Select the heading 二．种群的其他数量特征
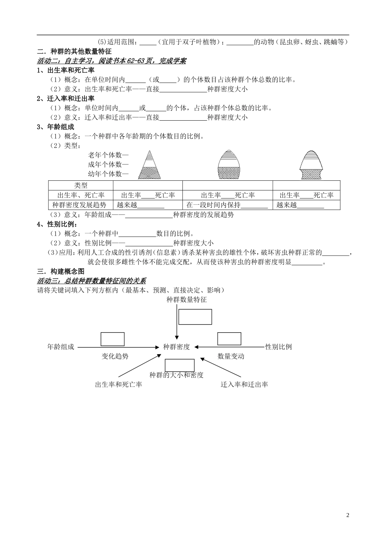[x=74, y=51]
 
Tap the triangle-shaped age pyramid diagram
[x=150, y=165]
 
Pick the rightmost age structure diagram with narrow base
[x=311, y=165]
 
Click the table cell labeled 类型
[x=81, y=185]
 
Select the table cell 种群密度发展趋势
[x=79, y=205]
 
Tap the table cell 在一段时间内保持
[x=213, y=205]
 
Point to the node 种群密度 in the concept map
[x=176, y=347]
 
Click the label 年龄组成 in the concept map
[x=61, y=347]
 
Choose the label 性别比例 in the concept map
[x=278, y=347]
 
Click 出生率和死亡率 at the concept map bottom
[x=118, y=384]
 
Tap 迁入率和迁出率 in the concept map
[x=244, y=384]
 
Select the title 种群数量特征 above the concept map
[x=186, y=300]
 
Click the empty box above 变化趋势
[x=113, y=339]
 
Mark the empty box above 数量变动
[x=229, y=339]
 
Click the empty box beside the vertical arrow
[x=195, y=317]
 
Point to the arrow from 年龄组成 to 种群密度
[x=118, y=347]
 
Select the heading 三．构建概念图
[x=61, y=271]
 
